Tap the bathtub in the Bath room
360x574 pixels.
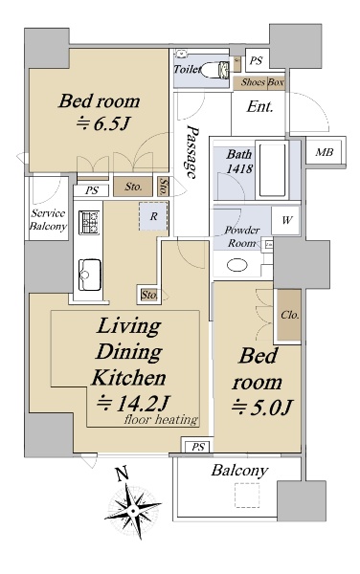point(273,169)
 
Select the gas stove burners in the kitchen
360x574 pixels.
point(89,222)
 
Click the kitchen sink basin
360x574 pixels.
point(90,275)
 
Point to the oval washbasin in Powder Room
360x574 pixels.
point(236,265)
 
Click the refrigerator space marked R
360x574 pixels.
point(153,216)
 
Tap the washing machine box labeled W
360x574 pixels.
point(285,220)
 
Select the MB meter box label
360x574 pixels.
point(325,151)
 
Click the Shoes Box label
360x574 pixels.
point(261,82)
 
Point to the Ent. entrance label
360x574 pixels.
point(259,107)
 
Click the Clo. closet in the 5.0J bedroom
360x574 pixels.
point(289,315)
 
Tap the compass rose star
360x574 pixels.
point(133,511)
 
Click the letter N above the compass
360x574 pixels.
point(123,474)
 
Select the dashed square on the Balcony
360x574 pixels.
point(247,495)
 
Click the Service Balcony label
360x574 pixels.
point(48,220)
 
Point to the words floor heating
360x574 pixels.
point(161,419)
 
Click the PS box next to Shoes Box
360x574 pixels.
point(257,59)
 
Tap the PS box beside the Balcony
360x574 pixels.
point(198,447)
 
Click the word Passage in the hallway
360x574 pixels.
point(192,151)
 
